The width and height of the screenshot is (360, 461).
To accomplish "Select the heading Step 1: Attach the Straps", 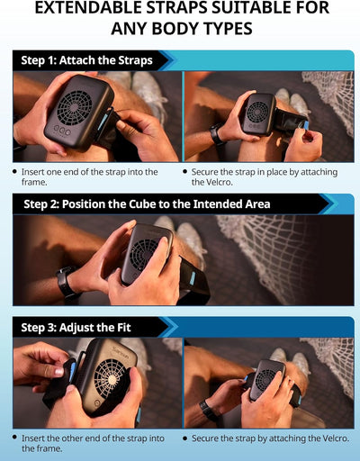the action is click(x=86, y=60).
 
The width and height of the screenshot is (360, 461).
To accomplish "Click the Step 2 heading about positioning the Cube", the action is click(x=147, y=204).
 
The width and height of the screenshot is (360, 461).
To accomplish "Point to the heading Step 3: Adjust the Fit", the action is click(x=76, y=328).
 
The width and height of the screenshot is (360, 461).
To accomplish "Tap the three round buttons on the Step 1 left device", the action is click(x=62, y=131).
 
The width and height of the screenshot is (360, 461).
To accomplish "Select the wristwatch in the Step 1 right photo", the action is click(x=217, y=134).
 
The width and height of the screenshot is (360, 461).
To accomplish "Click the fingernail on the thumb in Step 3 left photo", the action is click(x=58, y=373).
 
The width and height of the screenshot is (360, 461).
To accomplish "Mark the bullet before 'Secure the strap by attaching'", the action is click(x=185, y=438).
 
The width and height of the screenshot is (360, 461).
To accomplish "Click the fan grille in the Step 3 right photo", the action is click(x=265, y=379).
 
